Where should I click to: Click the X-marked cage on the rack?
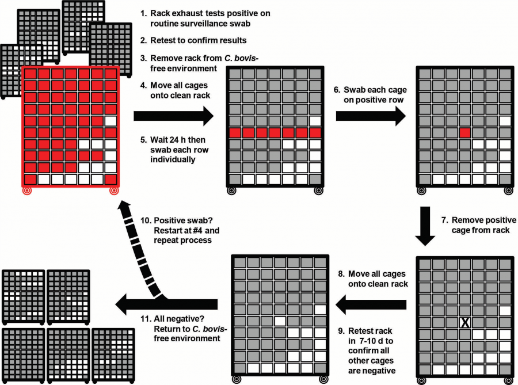[x=464, y=323]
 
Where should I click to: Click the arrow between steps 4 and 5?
[x=172, y=116]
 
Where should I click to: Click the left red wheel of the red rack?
[x=27, y=189]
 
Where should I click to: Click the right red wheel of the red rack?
[x=113, y=189]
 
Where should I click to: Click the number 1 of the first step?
[x=143, y=13]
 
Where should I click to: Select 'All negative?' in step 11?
[x=180, y=318]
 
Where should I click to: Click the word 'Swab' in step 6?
[x=355, y=90]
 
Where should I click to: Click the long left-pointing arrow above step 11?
[x=167, y=302]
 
